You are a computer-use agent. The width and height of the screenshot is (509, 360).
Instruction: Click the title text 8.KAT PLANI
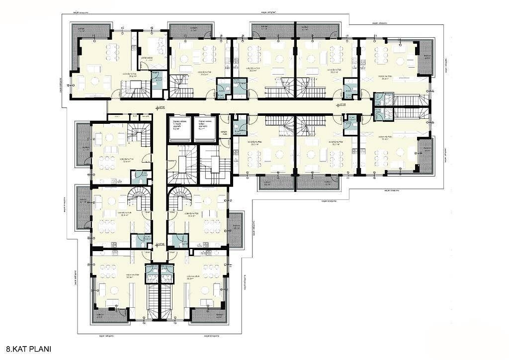tap(29, 350)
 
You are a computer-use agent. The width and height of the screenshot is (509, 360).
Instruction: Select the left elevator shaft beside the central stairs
tap(179, 129)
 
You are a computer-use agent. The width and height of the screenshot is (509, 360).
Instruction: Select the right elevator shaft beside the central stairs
tap(205, 129)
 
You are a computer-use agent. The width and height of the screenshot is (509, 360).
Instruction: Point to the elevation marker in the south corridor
tap(158, 245)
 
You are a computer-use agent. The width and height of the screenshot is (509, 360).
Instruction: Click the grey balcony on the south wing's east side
tap(236, 229)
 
